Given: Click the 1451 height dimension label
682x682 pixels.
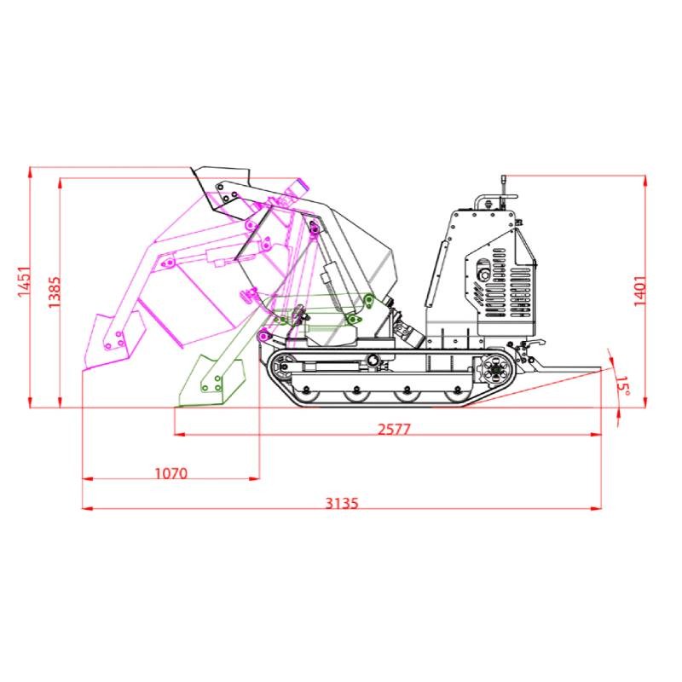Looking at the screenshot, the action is (x=24, y=282).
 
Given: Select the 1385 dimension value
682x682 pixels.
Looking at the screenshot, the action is (x=54, y=292).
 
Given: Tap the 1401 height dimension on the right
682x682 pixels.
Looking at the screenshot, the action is (x=640, y=291).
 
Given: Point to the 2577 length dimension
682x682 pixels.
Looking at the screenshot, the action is (x=394, y=430).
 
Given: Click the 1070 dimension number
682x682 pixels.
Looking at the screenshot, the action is (x=171, y=473).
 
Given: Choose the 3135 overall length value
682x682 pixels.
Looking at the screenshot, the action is (x=343, y=503).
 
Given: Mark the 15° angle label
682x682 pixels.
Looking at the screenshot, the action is (x=623, y=385).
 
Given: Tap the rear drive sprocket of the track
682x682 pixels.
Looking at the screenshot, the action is (x=495, y=370).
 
